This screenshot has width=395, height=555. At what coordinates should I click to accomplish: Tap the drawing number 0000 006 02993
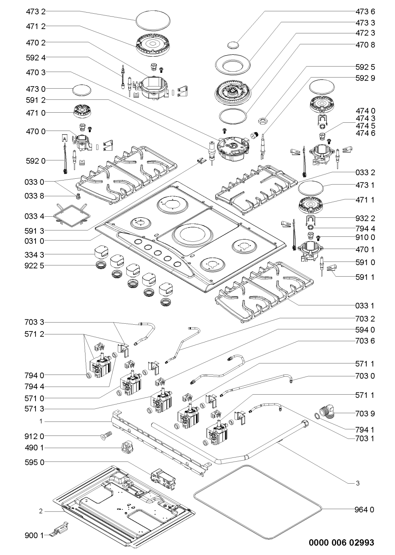[341, 542]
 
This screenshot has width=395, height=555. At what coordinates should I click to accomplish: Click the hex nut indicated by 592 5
[263, 119]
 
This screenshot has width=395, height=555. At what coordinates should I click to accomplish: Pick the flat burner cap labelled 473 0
[80, 89]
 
